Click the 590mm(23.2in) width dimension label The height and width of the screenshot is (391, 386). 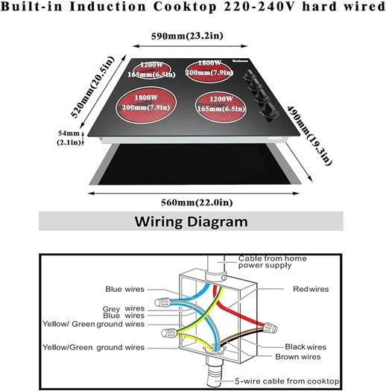[x=187, y=36]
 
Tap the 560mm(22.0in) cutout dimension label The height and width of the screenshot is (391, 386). [x=197, y=203]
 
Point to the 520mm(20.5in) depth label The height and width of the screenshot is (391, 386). [x=93, y=87]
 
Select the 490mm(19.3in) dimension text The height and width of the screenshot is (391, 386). [x=309, y=136]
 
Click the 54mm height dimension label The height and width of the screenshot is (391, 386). [x=69, y=138]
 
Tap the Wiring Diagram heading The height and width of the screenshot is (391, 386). [x=191, y=221]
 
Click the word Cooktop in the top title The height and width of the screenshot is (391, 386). [x=185, y=7]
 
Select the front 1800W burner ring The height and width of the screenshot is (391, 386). [x=146, y=104]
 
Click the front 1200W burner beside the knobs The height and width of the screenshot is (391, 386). [x=221, y=107]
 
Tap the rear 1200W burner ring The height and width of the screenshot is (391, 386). [x=152, y=69]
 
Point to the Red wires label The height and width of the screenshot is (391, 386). [x=311, y=289]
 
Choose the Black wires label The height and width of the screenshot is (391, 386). [x=306, y=346]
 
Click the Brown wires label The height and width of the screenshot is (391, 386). [x=298, y=357]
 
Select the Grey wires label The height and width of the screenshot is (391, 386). [x=124, y=309]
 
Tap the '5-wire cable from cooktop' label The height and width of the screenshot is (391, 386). [x=287, y=381]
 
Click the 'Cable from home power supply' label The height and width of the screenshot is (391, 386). [x=273, y=261]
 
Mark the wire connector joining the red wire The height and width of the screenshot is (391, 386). [x=270, y=328]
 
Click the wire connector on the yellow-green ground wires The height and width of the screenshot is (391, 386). [x=169, y=333]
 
